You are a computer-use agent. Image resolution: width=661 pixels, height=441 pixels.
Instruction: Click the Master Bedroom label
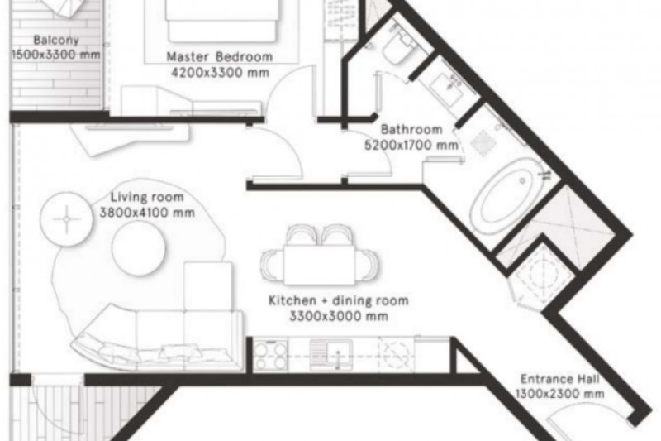219,56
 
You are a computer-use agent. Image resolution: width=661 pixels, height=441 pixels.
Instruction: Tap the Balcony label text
56,40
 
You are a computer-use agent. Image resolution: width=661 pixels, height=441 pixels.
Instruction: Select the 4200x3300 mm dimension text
220,73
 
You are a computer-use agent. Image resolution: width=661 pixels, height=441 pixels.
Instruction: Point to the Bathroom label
411,129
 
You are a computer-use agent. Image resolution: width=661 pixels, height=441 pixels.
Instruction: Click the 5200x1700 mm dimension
411,145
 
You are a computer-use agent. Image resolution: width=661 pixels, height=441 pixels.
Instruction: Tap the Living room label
147,197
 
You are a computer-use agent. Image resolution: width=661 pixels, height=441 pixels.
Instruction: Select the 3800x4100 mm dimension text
147,213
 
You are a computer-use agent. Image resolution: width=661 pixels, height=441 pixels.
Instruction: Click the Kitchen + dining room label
339,300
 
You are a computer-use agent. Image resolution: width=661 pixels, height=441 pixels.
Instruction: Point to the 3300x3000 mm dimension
339,316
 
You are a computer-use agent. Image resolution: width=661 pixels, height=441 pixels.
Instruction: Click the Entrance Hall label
560,379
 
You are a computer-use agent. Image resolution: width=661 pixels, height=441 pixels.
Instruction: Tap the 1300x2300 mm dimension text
560,394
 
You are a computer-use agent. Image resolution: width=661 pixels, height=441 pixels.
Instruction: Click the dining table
319,265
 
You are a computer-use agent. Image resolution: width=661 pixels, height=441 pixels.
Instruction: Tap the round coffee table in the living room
139,248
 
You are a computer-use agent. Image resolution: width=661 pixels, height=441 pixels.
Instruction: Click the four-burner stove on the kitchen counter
270,354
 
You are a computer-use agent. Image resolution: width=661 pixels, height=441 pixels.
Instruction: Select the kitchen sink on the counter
332,354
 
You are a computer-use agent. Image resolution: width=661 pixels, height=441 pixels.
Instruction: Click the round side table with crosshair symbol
67,219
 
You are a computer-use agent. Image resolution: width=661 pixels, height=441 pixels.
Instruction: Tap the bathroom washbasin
449,89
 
